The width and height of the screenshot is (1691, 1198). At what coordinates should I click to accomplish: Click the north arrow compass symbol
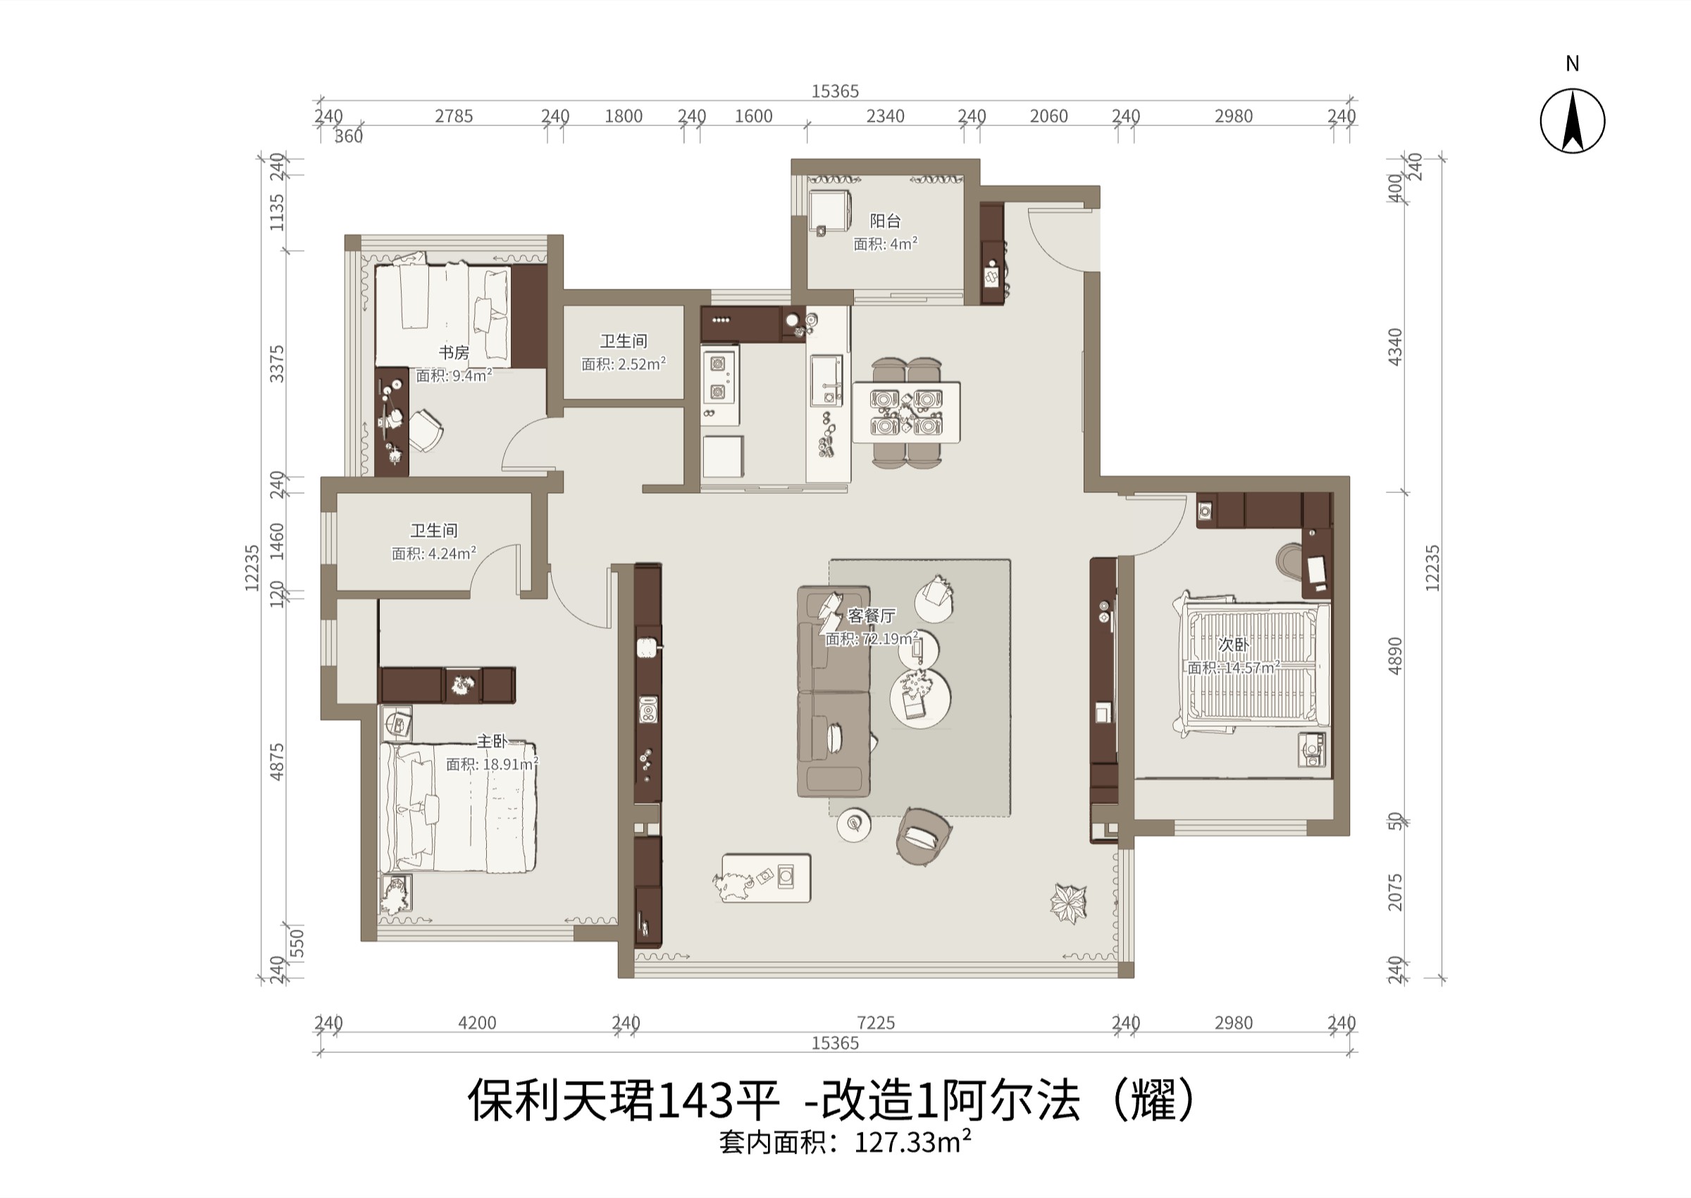(1572, 121)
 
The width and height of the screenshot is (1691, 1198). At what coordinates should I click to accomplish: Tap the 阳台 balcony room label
(886, 220)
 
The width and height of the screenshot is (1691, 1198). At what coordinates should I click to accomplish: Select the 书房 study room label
(454, 353)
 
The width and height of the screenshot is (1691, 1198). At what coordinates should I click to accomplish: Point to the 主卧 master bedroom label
(492, 742)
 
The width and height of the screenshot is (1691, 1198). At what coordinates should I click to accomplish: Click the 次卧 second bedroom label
(1234, 644)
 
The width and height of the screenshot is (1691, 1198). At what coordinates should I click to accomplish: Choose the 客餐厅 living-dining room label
(872, 616)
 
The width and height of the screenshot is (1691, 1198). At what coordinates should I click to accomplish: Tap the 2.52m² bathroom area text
(642, 363)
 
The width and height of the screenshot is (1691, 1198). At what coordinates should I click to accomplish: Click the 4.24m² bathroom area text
(452, 554)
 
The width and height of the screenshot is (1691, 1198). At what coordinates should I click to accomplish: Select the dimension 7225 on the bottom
(876, 1023)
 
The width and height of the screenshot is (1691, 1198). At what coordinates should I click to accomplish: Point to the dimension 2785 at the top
(454, 116)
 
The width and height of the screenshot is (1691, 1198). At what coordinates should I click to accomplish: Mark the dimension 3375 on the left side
(277, 363)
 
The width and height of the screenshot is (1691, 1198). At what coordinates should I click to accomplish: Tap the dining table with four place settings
(906, 413)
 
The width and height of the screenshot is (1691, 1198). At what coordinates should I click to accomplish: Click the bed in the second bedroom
(1251, 664)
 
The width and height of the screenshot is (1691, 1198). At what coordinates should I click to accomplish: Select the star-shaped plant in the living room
(1068, 903)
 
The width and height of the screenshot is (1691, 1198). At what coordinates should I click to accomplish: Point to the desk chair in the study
(424, 430)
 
